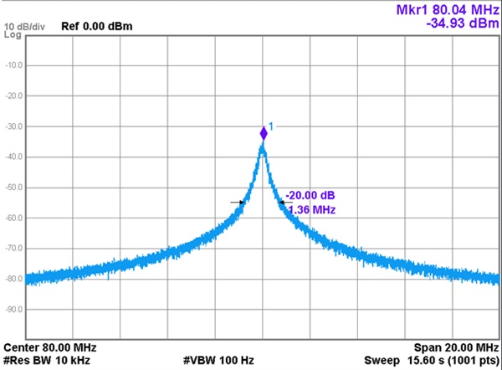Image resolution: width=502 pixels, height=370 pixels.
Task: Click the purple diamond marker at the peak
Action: click(264, 132)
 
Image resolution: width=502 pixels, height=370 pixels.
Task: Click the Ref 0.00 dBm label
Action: click(97, 26)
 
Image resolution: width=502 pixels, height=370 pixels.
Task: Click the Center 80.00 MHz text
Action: click(50, 347)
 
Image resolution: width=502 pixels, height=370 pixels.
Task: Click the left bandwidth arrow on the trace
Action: click(238, 202)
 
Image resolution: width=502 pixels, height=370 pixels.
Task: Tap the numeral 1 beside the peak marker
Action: click(271, 126)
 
